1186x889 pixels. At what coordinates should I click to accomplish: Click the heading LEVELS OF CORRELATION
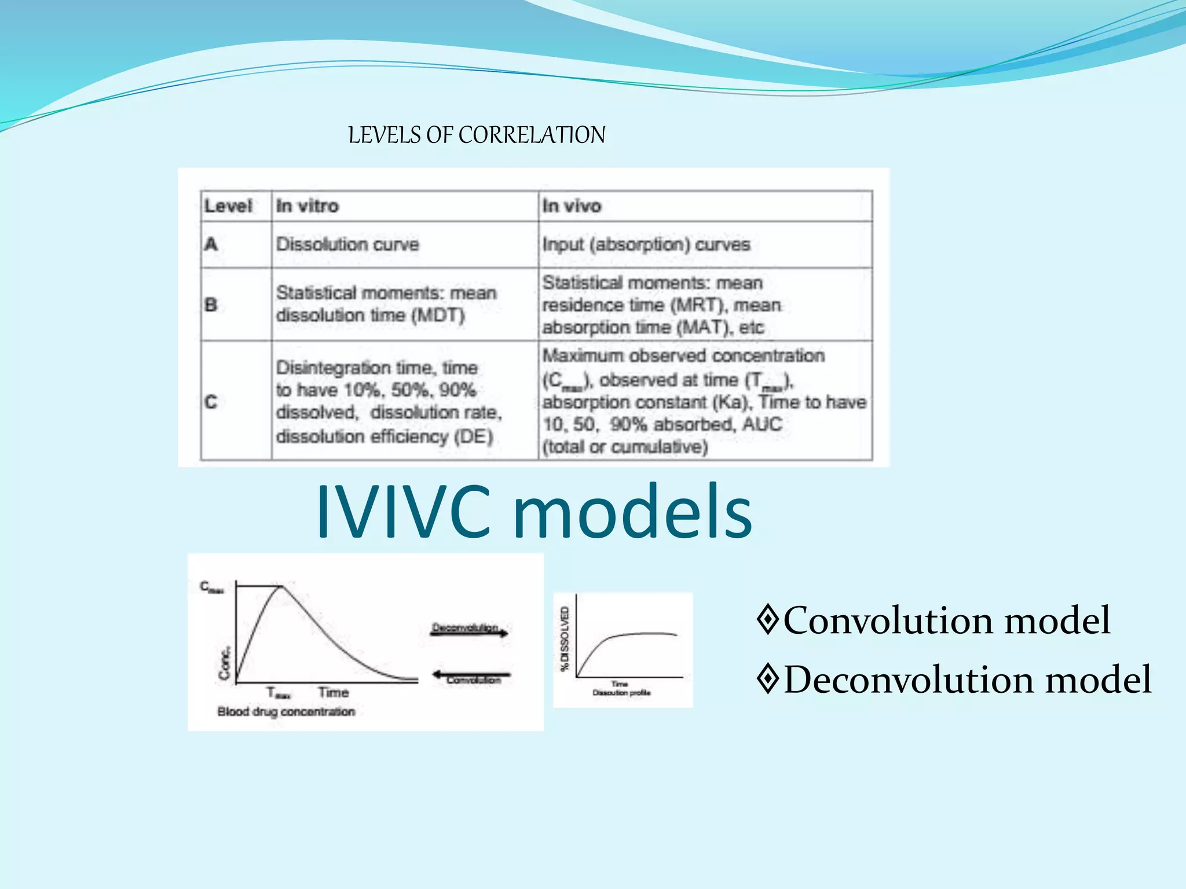point(476,135)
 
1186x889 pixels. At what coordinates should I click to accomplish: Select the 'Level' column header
point(228,206)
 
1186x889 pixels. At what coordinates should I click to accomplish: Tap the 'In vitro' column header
point(307,206)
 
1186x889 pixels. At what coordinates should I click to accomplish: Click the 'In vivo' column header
point(572,206)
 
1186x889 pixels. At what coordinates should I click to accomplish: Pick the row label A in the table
point(211,244)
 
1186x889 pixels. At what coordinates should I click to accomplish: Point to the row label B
point(211,304)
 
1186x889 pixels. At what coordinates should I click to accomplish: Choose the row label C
point(211,402)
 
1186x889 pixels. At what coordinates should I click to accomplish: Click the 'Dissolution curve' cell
point(347,244)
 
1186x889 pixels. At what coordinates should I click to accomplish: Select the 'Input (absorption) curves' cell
point(646,245)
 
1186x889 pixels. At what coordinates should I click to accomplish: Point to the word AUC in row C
point(762,424)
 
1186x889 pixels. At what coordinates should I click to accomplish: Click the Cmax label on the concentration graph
point(211,587)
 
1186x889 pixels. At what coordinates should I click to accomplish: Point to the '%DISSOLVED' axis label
point(565,638)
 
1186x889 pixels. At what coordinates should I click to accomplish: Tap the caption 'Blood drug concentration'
point(286,711)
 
